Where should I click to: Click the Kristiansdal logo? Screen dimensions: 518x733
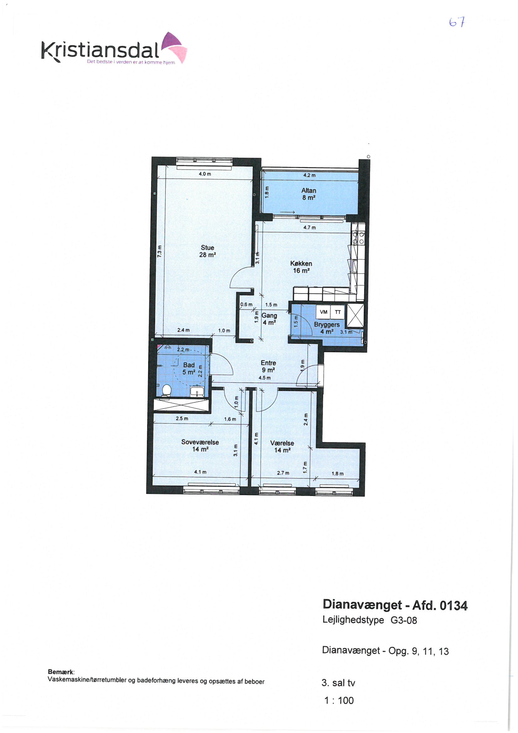(114, 49)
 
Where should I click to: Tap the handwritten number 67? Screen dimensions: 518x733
(457, 22)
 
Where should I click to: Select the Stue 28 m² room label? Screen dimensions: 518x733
(207, 251)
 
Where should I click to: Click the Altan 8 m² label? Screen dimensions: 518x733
(309, 194)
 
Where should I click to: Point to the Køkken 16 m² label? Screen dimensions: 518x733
(301, 267)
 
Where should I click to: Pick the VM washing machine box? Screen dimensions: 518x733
(323, 312)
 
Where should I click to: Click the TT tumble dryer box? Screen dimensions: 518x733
(338, 312)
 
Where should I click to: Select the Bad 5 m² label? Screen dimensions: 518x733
(189, 368)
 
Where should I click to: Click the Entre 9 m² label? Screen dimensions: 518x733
(268, 366)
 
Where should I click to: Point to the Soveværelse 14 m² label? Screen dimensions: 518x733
(200, 446)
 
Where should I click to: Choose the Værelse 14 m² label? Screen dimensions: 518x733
(282, 446)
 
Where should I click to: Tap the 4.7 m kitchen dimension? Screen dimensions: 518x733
(309, 228)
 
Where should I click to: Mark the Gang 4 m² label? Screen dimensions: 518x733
(269, 319)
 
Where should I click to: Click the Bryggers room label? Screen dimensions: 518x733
(327, 324)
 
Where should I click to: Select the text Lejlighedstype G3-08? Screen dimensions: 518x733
(369, 620)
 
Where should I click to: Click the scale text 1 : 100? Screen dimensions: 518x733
(339, 700)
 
